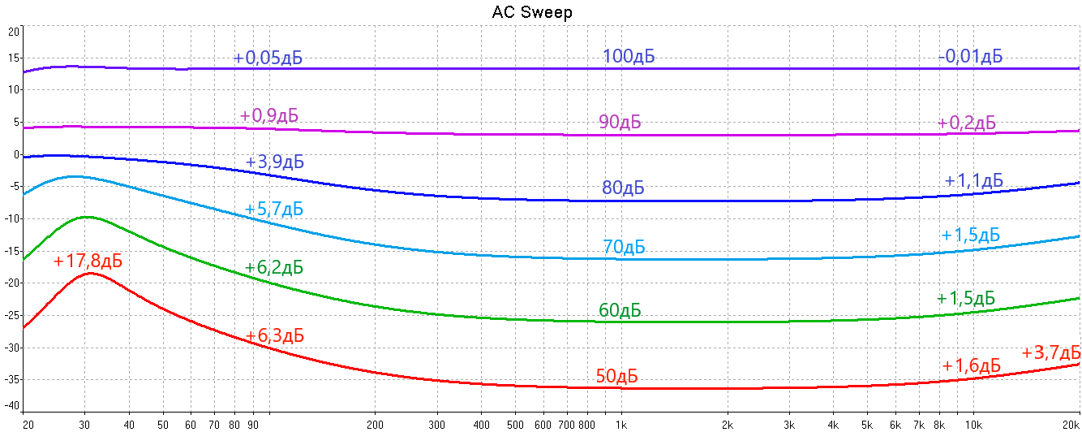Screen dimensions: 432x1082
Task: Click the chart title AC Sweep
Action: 532,12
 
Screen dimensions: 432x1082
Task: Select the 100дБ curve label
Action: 628,57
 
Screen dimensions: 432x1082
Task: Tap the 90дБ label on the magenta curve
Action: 620,122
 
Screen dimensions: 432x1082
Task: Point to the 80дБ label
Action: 623,188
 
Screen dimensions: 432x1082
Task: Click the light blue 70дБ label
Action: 624,246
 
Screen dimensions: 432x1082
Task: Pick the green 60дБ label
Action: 620,310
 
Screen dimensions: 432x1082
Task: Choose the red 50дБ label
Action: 616,376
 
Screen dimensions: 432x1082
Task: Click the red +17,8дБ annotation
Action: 88,261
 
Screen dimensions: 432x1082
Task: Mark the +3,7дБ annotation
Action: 1050,352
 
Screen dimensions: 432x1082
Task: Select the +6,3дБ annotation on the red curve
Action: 274,335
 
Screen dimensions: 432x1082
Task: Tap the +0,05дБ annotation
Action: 261,58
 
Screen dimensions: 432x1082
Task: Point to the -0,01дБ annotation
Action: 970,57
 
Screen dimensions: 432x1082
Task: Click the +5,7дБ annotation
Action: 274,210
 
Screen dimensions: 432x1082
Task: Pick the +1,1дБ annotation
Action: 973,180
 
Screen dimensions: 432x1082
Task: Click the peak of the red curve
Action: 89,274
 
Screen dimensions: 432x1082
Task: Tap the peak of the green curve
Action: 86,217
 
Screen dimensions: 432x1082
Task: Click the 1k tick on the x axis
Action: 621,424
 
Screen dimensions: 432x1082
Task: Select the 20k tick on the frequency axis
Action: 1071,424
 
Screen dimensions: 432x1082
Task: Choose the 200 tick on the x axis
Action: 375,424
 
